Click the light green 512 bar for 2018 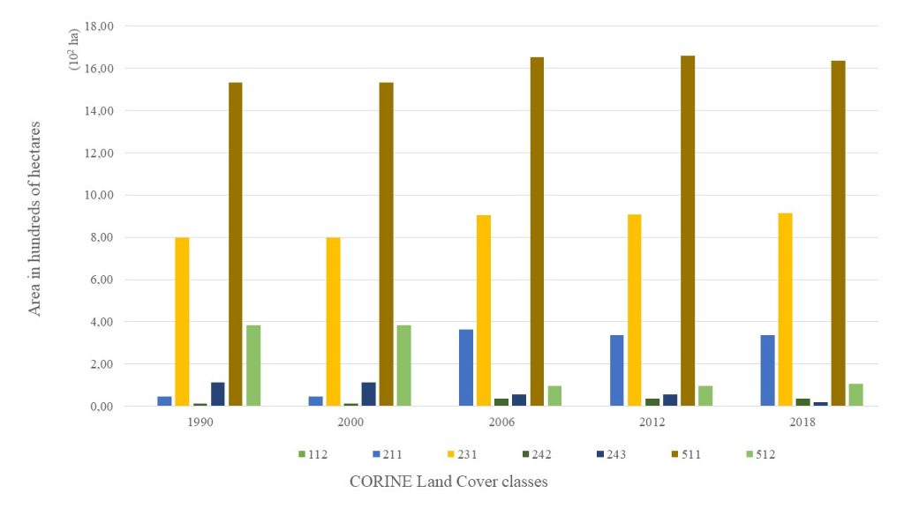coord(855,395)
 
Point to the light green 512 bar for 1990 coord(253,366)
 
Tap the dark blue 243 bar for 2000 coord(368,394)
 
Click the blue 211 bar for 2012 coord(616,370)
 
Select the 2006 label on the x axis coord(501,422)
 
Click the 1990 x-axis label coord(200,422)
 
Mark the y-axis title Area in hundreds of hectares coord(35,219)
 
